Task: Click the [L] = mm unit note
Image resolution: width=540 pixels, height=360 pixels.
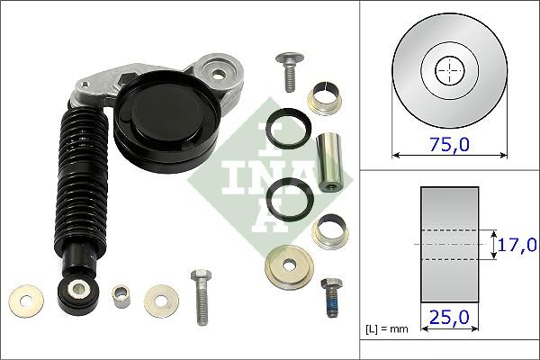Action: coord(386,328)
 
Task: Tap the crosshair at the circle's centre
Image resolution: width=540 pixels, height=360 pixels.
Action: coord(447,69)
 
